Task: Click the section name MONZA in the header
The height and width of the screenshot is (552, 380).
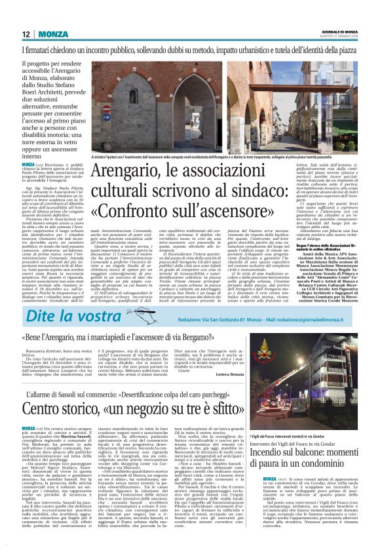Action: [x=49, y=34]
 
